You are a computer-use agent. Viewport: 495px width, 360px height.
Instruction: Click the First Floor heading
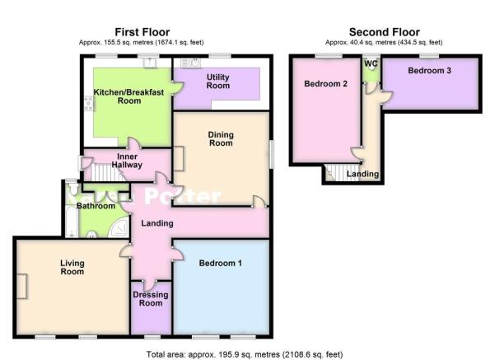point(142,32)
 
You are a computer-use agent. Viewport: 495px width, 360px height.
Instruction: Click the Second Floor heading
point(384,32)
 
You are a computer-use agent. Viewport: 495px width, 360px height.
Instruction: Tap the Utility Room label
point(217,82)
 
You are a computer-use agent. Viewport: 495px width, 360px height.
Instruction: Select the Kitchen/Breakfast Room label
point(128,96)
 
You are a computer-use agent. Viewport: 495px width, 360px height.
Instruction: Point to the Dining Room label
point(221,138)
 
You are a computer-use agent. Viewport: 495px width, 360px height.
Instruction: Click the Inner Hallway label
point(127,161)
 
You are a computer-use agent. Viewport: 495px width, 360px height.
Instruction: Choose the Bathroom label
point(96,206)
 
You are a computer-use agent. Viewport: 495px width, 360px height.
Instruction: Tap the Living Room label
point(72,267)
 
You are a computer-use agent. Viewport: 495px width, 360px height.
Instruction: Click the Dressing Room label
point(151,299)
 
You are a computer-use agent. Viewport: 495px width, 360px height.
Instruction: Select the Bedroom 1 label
point(221,263)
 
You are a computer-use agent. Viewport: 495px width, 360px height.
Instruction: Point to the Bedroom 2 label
point(326,84)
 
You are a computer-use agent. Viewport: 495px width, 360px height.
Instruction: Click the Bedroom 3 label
point(429,70)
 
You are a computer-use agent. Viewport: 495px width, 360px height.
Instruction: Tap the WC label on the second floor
point(371,63)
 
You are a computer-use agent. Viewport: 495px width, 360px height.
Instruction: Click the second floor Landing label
point(362,174)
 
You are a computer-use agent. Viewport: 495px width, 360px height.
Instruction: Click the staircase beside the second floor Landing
point(342,173)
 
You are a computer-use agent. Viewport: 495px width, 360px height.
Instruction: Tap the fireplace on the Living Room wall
point(21,287)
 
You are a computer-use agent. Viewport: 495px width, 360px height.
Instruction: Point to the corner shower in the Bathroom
point(119,228)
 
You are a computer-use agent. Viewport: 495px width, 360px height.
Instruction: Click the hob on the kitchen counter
point(89,104)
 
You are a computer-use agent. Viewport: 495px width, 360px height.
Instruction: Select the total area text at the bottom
point(245,354)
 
